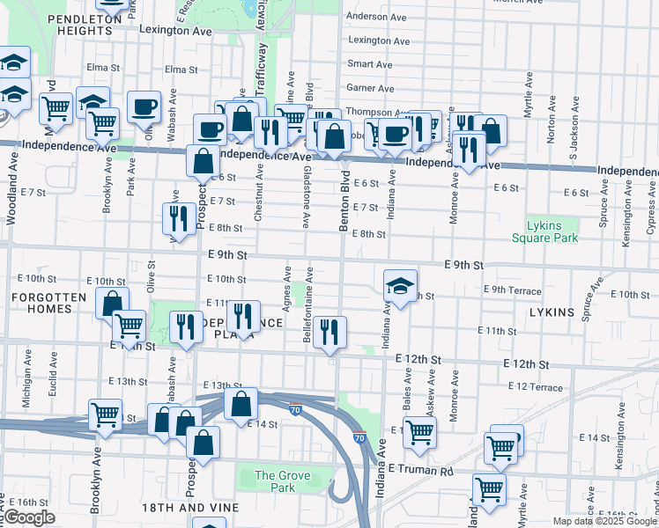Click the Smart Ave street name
point(370,64)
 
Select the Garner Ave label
point(370,88)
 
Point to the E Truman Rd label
point(419,471)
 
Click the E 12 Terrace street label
point(535,387)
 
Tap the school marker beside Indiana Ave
point(400,285)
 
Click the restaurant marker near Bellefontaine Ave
point(329,333)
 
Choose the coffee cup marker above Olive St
point(143,108)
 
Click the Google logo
point(29,517)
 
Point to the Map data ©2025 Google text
point(604,521)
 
